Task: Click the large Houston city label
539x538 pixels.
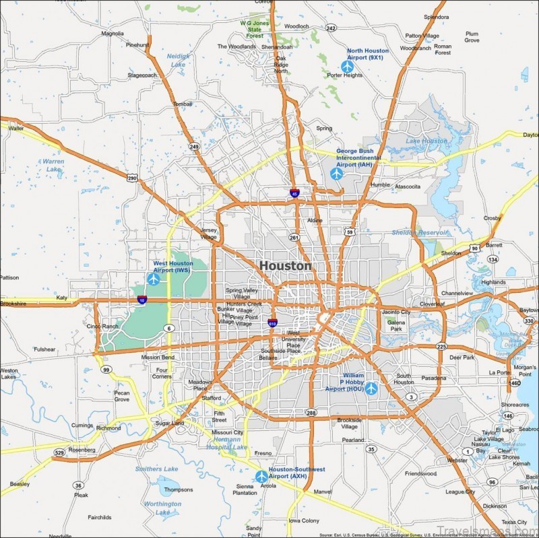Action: point(285,266)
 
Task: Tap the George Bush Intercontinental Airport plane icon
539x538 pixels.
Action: point(337,173)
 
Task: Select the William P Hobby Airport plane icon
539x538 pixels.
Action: point(371,389)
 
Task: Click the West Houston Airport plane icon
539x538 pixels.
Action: point(154,278)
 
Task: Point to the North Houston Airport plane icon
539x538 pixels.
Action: point(347,66)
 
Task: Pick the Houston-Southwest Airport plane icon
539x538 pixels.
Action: point(261,477)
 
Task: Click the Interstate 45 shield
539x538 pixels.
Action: point(294,193)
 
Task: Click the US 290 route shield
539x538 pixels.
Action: point(132,178)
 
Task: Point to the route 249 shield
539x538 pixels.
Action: point(194,146)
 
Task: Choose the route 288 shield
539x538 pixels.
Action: point(311,413)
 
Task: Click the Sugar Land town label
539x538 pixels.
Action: point(169,423)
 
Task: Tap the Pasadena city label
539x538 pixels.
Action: point(434,378)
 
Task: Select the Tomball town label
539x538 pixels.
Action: point(183,104)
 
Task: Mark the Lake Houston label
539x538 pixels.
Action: point(426,141)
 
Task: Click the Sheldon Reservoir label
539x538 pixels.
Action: point(419,232)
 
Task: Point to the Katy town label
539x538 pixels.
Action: point(63,297)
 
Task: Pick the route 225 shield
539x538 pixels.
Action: point(441,347)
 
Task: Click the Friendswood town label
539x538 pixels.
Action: point(420,473)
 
